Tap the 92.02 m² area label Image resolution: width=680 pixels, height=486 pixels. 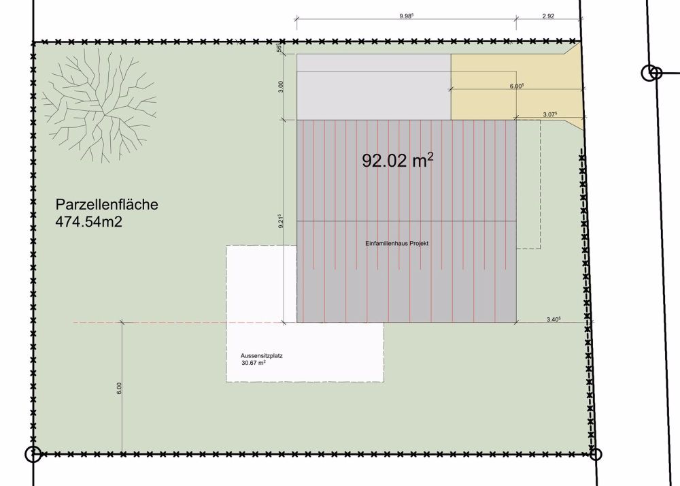point(398,161)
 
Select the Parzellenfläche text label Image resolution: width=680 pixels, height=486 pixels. point(107,204)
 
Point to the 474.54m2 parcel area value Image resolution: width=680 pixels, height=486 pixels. point(89,221)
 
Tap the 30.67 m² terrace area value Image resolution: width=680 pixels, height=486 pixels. point(253,363)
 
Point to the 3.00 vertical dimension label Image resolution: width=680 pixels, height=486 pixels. point(281,86)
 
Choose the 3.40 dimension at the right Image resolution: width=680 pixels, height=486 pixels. point(553,318)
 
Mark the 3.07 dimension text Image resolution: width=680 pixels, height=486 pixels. point(550,114)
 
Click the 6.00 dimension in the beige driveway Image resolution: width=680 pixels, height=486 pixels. point(516,86)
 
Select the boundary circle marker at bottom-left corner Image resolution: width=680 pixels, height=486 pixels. point(32,453)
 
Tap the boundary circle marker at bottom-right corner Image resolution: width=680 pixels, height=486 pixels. point(595,453)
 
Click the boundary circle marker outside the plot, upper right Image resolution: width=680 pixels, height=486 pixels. point(651,72)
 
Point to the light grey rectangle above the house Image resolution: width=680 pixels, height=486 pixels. point(373,86)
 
